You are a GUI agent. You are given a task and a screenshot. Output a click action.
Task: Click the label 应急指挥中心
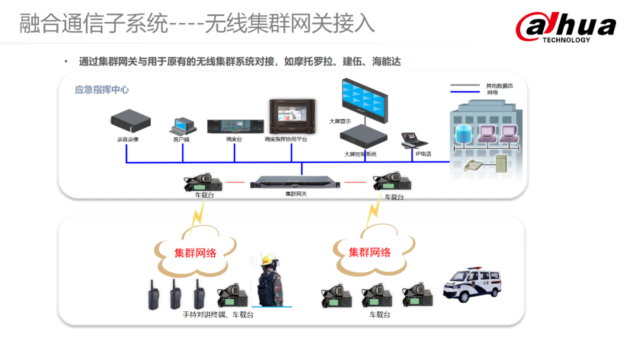pos(102,90)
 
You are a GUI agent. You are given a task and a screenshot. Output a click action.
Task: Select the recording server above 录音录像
pos(130,122)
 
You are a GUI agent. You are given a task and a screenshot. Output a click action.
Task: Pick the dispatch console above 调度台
pos(234,126)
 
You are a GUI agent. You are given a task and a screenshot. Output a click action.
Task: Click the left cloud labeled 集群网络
pos(195,252)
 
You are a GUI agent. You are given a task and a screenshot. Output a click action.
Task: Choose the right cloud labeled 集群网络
pos(370,252)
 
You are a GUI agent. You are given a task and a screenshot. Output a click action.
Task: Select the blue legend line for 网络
pos(465,92)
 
